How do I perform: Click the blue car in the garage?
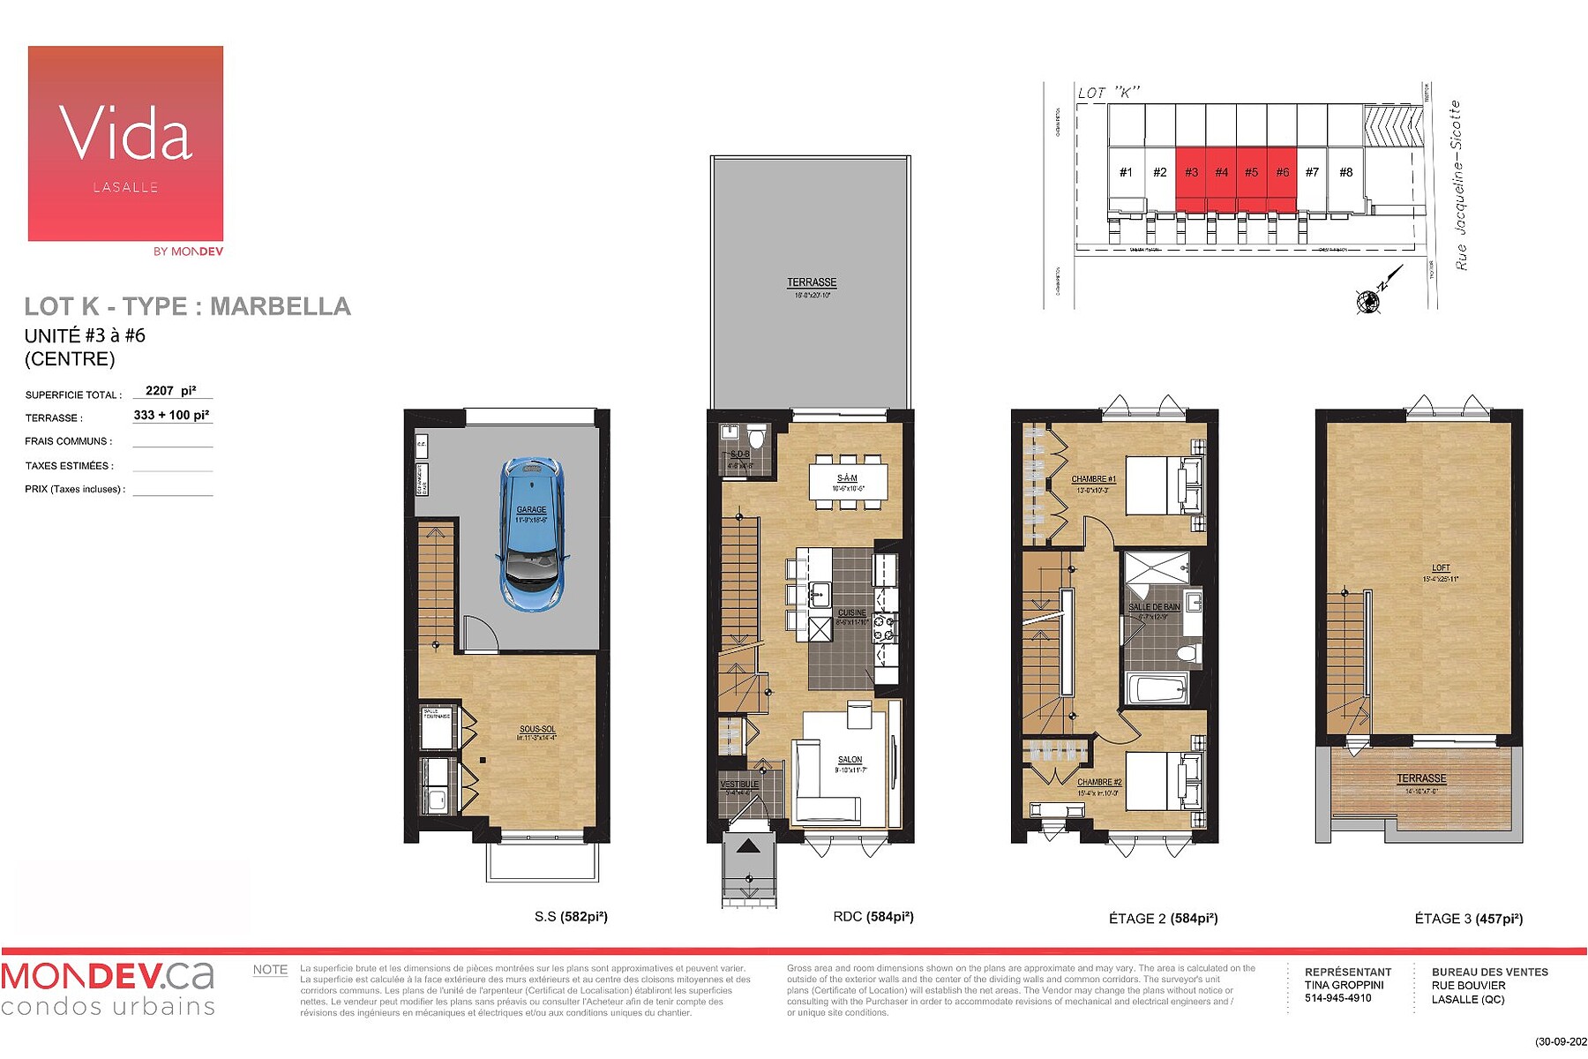click(531, 534)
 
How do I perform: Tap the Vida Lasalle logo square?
click(125, 143)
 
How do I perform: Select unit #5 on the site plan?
click(1251, 172)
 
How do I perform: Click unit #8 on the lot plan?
click(1345, 172)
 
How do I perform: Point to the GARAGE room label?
click(531, 509)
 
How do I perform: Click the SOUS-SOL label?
click(537, 729)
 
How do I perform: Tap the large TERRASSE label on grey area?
click(812, 282)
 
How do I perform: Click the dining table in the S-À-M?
click(848, 483)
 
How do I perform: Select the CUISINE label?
click(851, 612)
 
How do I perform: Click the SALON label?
click(850, 760)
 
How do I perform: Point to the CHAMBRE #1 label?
click(1093, 479)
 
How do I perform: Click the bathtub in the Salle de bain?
click(1157, 689)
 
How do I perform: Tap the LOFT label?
click(1441, 568)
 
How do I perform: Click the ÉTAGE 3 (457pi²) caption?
click(1468, 919)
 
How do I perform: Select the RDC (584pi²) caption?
click(873, 917)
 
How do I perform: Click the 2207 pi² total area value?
click(171, 390)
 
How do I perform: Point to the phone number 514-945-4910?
click(1337, 998)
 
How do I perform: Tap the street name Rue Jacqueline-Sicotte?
click(1460, 185)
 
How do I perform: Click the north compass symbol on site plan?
click(1368, 301)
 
